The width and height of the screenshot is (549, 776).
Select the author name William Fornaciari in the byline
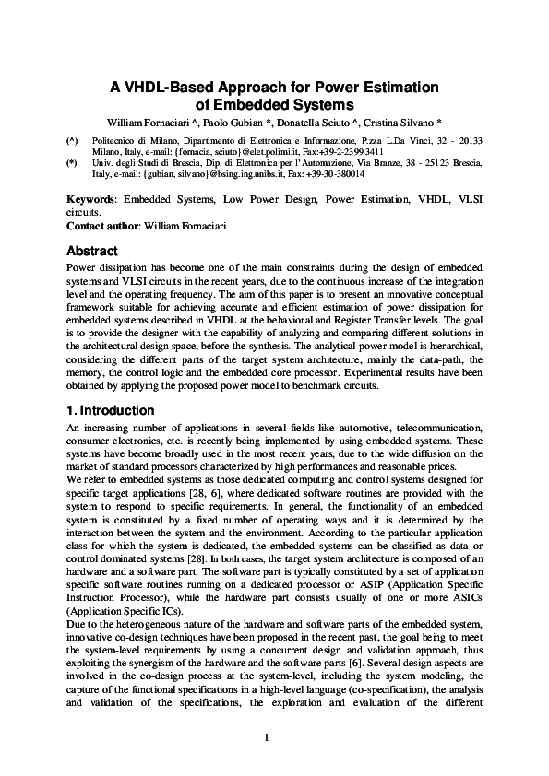(x=147, y=122)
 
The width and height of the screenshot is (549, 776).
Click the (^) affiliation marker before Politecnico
(x=72, y=141)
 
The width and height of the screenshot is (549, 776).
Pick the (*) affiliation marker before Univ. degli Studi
(x=72, y=162)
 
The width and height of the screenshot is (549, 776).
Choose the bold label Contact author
(x=101, y=226)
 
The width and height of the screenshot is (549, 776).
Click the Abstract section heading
(x=92, y=251)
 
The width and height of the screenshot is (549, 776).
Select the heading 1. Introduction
(x=110, y=410)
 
